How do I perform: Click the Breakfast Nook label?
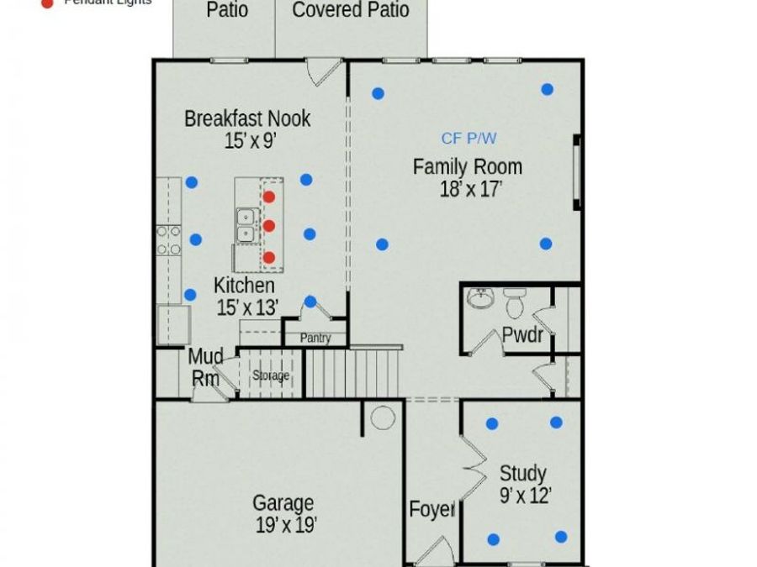pos(247,118)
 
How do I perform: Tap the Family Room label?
pos(467,167)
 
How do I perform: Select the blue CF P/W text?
pos(468,139)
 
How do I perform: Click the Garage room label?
pos(283,503)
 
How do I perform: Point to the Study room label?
pos(522,473)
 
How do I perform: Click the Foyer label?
pos(432,509)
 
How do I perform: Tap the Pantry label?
pos(315,339)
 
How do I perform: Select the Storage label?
pos(271,375)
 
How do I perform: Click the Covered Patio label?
pos(351,11)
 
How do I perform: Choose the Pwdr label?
pos(521,334)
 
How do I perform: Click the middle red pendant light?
pos(269,226)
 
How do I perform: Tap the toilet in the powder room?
pos(514,302)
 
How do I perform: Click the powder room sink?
pos(480,298)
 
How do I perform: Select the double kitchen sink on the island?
pos(246,225)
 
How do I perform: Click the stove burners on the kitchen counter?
pos(168,239)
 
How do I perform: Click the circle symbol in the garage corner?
pos(383,417)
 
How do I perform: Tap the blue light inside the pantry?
pos(310,302)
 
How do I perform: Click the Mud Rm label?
pos(205,367)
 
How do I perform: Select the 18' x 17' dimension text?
pos(470,189)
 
